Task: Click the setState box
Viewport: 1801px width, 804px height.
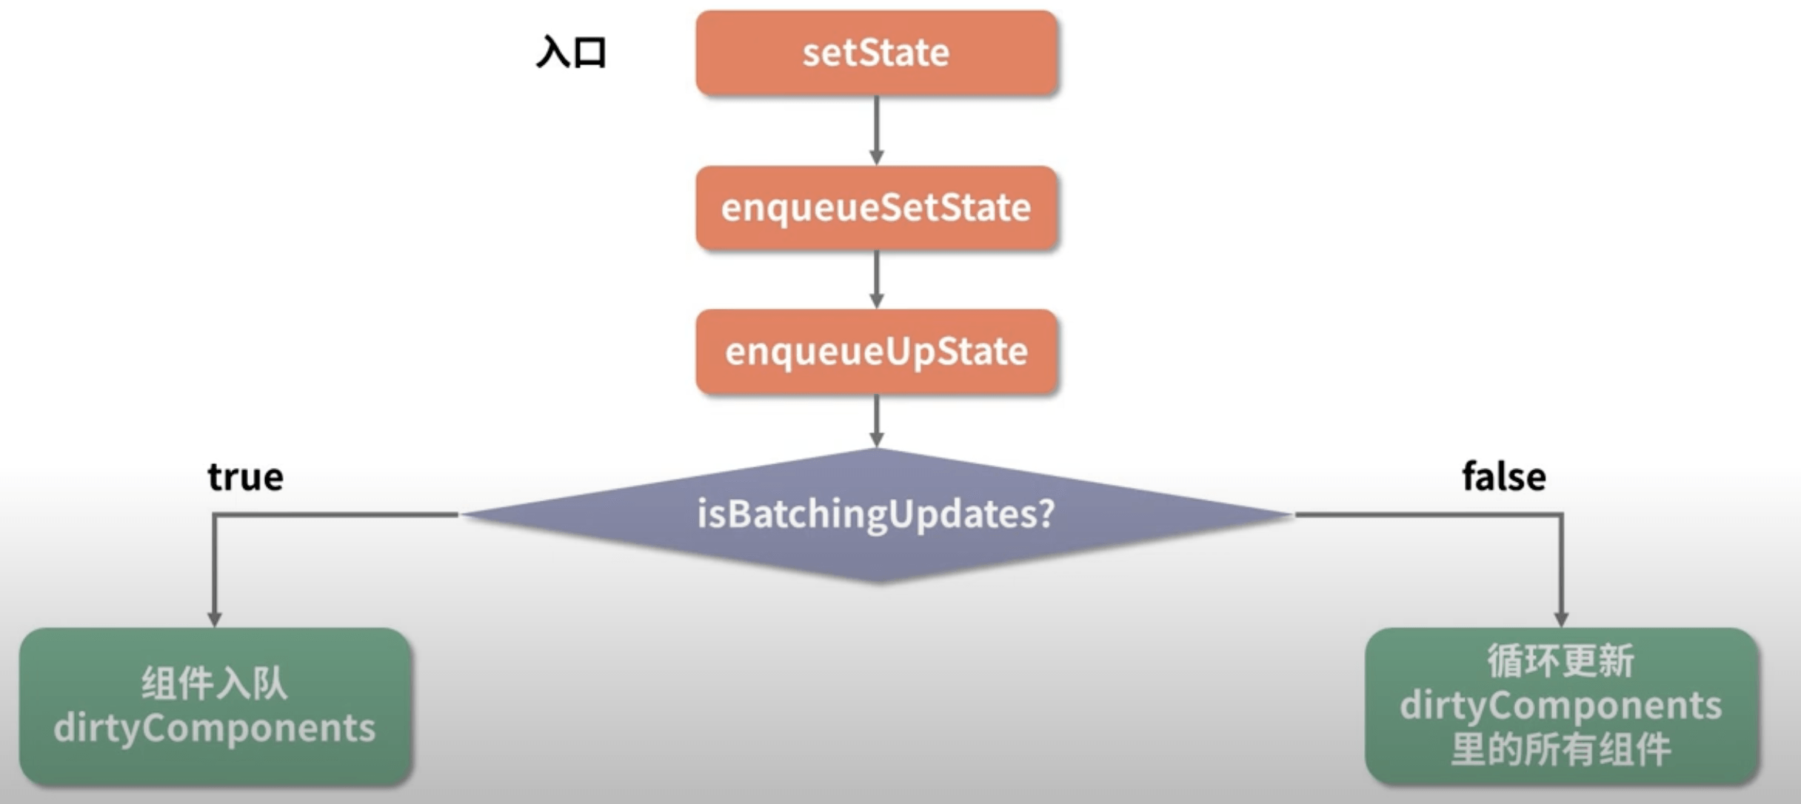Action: pyautogui.click(x=876, y=53)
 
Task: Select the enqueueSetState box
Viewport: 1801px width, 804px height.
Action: pyautogui.click(x=876, y=208)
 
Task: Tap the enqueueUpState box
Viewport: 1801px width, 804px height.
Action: pyautogui.click(x=876, y=352)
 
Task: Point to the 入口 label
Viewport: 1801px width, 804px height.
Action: pyautogui.click(x=571, y=53)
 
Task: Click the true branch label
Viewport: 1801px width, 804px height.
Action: pyautogui.click(x=245, y=477)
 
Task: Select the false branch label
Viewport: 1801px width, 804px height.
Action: pyautogui.click(x=1503, y=477)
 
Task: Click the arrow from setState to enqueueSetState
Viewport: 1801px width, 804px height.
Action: pyautogui.click(x=876, y=130)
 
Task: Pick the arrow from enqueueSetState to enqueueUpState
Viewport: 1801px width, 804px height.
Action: pyautogui.click(x=876, y=278)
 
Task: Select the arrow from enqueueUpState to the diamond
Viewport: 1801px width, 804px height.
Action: pyautogui.click(x=876, y=420)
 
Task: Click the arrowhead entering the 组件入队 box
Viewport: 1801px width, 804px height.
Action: pyautogui.click(x=215, y=619)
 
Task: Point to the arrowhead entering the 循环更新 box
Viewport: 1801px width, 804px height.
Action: pyautogui.click(x=1561, y=619)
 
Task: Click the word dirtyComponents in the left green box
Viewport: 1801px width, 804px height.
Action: pyautogui.click(x=215, y=728)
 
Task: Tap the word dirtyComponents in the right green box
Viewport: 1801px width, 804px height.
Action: pyautogui.click(x=1561, y=706)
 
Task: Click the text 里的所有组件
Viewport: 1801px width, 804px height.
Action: pyautogui.click(x=1561, y=749)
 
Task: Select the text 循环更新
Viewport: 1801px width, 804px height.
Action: pyautogui.click(x=1561, y=661)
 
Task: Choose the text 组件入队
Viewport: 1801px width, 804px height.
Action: pyautogui.click(x=215, y=683)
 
